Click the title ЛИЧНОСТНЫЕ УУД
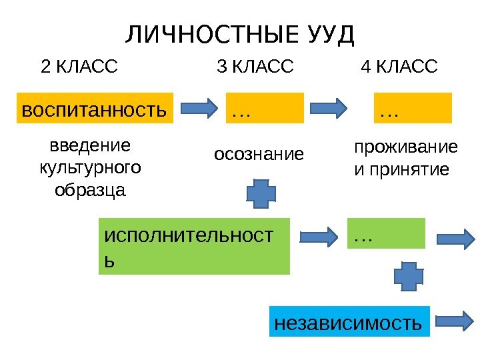click(239, 34)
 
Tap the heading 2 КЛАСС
click(79, 67)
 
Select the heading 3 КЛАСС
click(255, 67)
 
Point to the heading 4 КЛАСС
click(399, 67)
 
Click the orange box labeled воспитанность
click(94, 109)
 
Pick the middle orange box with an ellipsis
click(266, 109)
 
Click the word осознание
click(258, 155)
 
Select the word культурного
click(91, 167)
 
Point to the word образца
click(91, 190)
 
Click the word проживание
click(405, 146)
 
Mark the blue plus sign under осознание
click(261, 192)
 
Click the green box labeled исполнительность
click(195, 246)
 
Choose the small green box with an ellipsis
click(386, 233)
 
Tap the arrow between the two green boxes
click(318, 236)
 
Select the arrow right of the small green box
click(455, 238)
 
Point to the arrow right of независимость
click(455, 321)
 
